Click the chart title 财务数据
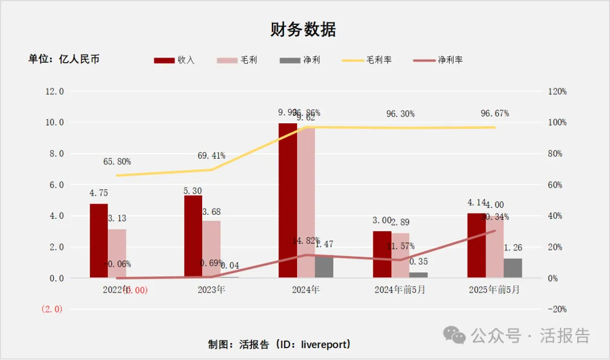(303, 29)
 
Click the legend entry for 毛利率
(368, 60)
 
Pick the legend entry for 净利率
(438, 60)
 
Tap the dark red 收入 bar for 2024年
(287, 201)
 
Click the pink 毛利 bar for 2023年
(212, 249)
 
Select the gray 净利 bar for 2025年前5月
(513, 268)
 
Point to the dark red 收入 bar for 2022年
(98, 241)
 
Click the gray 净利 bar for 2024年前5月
(419, 275)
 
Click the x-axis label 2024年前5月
(400, 290)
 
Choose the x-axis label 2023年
(212, 290)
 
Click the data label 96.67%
(494, 114)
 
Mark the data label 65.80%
(117, 162)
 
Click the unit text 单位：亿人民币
(64, 59)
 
